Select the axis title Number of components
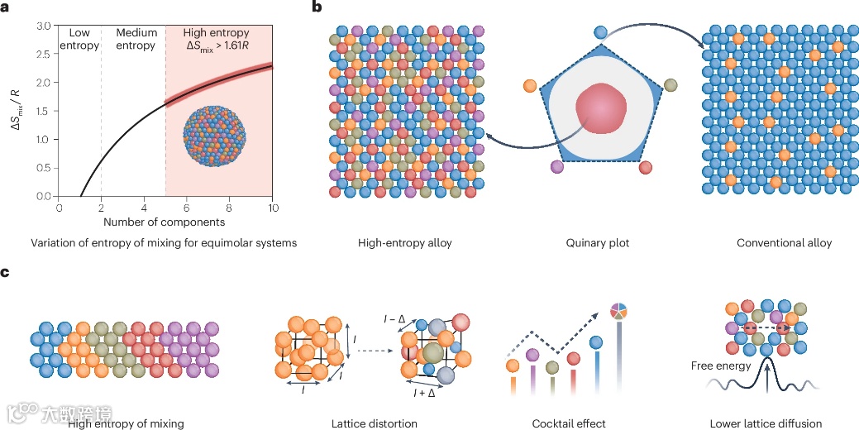click(x=164, y=222)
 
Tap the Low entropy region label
click(x=79, y=39)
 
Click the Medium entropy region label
click(x=136, y=39)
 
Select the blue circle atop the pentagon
click(x=602, y=32)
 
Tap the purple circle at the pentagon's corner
click(x=557, y=167)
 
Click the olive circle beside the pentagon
click(x=670, y=84)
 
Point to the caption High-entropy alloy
click(x=404, y=244)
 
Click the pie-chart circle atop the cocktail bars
click(x=618, y=311)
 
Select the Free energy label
click(x=722, y=365)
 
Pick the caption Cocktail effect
click(x=568, y=424)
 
